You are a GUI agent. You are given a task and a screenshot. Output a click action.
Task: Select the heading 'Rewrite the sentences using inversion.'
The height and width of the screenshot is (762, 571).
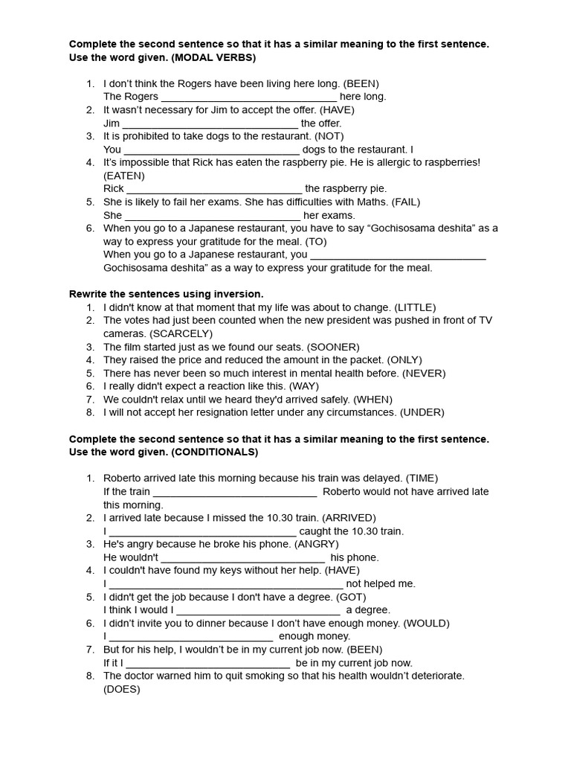[167, 294]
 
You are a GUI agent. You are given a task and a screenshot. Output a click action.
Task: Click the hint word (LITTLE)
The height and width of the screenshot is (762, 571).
[415, 307]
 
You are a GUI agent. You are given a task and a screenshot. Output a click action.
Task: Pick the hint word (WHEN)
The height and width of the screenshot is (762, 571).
[372, 400]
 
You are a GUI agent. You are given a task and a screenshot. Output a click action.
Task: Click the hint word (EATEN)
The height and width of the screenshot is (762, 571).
[124, 176]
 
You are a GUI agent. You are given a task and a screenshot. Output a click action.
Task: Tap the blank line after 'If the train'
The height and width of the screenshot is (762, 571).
[235, 492]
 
